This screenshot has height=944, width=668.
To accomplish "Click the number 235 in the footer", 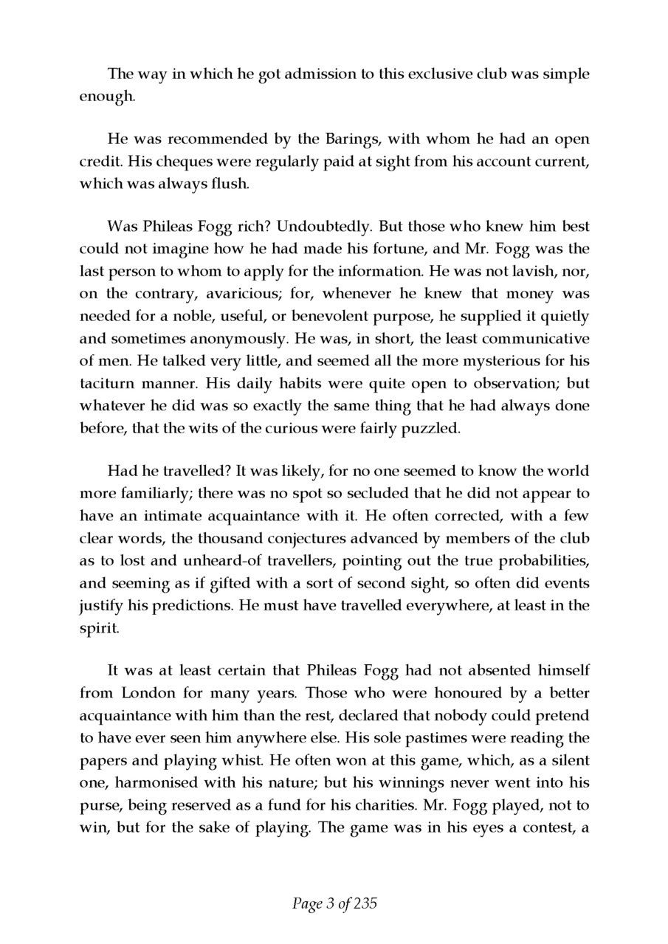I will pyautogui.click(x=365, y=903).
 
